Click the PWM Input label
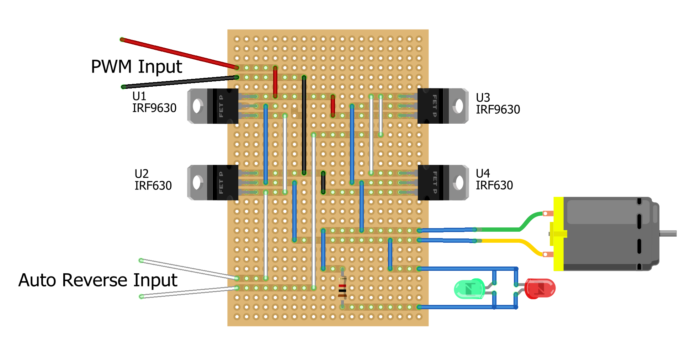coord(136,67)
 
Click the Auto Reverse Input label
coord(98,280)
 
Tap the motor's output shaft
coord(668,233)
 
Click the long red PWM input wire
coord(178,53)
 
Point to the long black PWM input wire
coord(178,82)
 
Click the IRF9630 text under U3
coord(498,109)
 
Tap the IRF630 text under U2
coord(153,186)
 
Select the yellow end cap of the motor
coord(558,233)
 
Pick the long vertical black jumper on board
coord(304,124)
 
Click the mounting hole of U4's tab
coord(459,182)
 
